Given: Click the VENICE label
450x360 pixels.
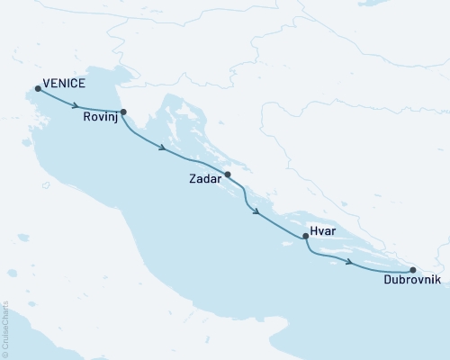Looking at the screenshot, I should pyautogui.click(x=64, y=84).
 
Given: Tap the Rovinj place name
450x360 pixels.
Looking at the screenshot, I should pyautogui.click(x=101, y=116).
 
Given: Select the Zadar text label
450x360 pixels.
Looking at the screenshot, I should pyautogui.click(x=205, y=179).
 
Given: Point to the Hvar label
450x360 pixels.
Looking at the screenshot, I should pyautogui.click(x=322, y=229).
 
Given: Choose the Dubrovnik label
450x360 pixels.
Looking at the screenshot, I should pyautogui.click(x=411, y=281).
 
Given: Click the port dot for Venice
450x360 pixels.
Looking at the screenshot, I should pyautogui.click(x=38, y=88).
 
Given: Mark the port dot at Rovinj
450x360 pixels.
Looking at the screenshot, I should pyautogui.click(x=123, y=112).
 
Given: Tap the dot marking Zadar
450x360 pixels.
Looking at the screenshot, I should pyautogui.click(x=228, y=175).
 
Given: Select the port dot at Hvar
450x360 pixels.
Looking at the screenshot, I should pyautogui.click(x=306, y=237).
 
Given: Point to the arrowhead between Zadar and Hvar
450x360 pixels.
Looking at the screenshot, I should pyautogui.click(x=258, y=213).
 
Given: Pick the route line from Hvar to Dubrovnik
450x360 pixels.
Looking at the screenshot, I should pyautogui.click(x=378, y=269).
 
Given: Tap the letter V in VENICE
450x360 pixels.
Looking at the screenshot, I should pyautogui.click(x=46, y=84).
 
